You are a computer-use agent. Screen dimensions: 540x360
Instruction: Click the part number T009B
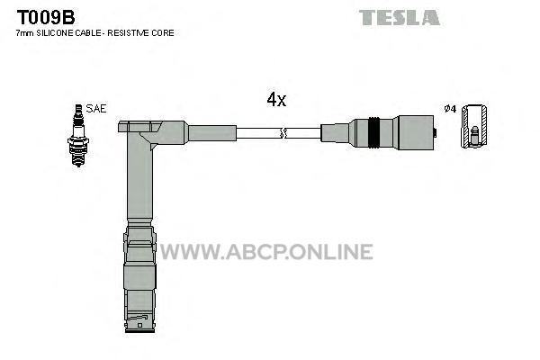point(46,17)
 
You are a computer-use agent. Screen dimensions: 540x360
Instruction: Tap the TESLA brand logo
point(399,18)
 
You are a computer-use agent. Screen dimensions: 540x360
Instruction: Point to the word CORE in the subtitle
point(166,33)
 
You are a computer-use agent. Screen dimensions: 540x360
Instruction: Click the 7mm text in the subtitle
point(25,33)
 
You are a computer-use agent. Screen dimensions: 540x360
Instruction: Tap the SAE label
point(96,109)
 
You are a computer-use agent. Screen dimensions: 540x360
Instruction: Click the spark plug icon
point(78,135)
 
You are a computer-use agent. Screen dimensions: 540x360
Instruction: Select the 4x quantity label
point(276,100)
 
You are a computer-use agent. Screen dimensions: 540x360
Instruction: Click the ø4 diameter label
point(450,109)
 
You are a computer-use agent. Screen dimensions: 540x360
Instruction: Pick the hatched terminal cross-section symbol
point(474,126)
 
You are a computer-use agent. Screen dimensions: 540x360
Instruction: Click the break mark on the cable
point(283,133)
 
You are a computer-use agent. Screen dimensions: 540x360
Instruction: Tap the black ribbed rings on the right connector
point(374,132)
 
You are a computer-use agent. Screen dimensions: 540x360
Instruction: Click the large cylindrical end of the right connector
point(415,132)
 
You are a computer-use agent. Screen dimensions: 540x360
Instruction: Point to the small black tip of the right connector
point(435,132)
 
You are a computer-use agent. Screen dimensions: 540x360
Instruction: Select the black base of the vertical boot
point(139,330)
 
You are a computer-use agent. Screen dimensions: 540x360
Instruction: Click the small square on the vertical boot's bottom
point(139,325)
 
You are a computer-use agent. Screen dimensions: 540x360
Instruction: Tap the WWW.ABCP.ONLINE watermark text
point(266,251)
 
